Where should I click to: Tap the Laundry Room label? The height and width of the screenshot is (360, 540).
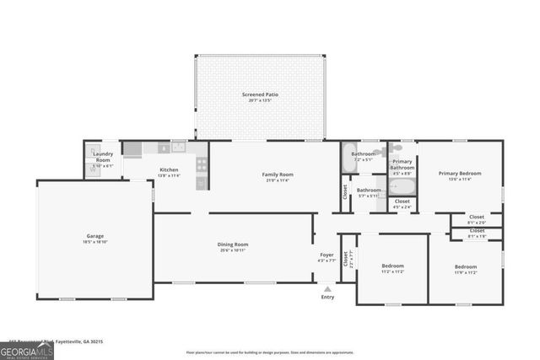click(x=103, y=156)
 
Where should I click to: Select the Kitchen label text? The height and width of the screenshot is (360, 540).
click(x=170, y=169)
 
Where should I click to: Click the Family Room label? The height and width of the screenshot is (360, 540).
click(x=278, y=175)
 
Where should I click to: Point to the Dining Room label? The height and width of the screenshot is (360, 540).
click(x=233, y=244)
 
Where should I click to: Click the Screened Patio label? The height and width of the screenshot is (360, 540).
click(x=260, y=95)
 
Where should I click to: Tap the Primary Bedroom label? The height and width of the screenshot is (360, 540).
click(x=460, y=174)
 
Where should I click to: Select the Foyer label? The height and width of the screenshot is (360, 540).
click(x=327, y=255)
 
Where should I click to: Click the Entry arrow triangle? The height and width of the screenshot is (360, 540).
click(x=327, y=287)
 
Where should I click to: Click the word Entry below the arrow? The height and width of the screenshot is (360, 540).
click(x=327, y=297)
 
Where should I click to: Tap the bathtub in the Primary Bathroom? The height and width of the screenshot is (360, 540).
click(x=402, y=186)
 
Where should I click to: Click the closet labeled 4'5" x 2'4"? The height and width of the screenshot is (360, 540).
click(x=402, y=203)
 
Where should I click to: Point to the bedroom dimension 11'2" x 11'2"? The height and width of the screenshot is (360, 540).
click(x=392, y=272)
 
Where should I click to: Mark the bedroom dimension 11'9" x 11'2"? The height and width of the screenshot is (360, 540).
click(x=466, y=272)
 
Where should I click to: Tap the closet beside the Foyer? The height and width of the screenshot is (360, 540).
click(x=345, y=261)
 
